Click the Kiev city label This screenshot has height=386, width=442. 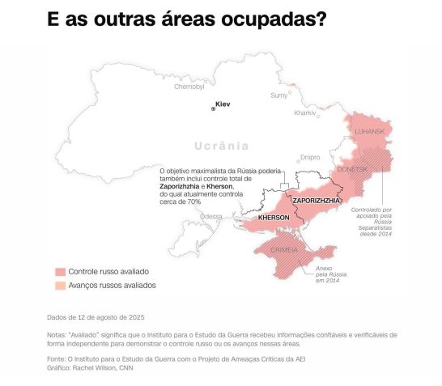tap(223, 104)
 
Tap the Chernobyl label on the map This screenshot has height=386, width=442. tap(189, 86)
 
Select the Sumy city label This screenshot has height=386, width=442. tap(278, 95)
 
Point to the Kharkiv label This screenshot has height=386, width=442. tap(304, 113)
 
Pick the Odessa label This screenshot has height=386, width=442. tap(210, 216)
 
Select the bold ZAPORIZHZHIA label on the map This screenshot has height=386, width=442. tap(317, 200)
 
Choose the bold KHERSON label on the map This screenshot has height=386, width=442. tap(274, 218)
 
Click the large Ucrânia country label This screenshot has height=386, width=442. tap(222, 146)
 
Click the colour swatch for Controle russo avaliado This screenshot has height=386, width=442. tap(60, 272)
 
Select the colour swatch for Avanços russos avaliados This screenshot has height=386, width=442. tap(60, 286)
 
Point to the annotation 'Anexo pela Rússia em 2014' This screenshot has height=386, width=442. tap(324, 274)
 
